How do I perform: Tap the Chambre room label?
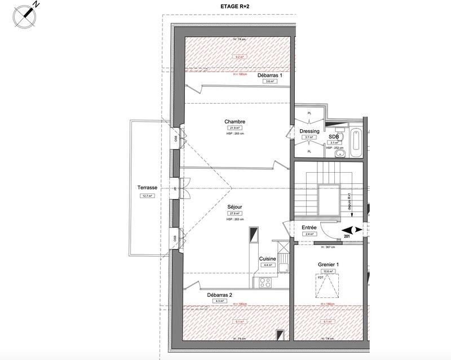pos(235,122)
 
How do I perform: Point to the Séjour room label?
pos(235,207)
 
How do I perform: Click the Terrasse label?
pos(147,188)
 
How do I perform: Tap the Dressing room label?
pos(309,131)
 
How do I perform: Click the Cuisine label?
pos(267,259)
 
